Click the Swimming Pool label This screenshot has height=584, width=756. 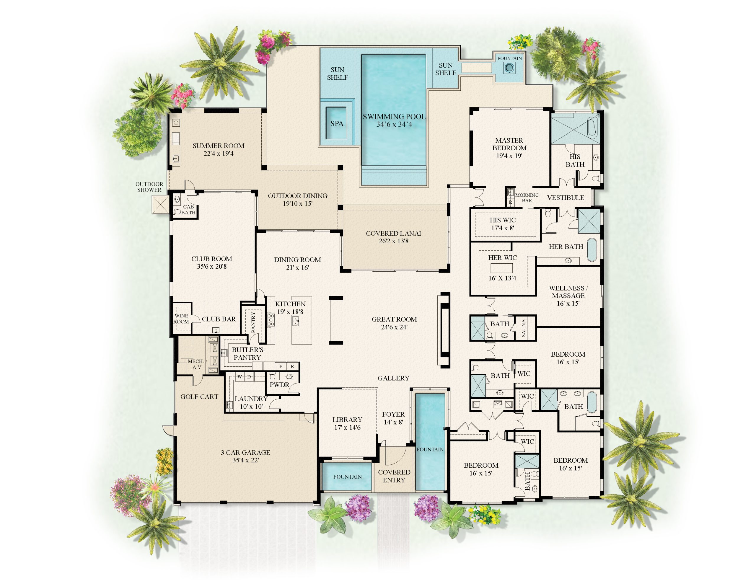(394, 117)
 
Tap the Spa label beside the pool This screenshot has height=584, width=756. (336, 124)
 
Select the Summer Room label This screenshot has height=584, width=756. (219, 146)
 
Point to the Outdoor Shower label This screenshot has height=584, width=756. (149, 187)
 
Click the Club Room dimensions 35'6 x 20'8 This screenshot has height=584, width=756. (211, 267)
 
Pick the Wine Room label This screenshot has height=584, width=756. (181, 319)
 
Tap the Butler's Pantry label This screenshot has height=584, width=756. (247, 353)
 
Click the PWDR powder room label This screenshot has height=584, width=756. (279, 385)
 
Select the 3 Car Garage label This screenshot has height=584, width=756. (245, 452)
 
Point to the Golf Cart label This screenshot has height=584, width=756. (199, 397)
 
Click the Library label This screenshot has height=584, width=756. (347, 420)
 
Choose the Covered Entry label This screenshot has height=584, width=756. (394, 476)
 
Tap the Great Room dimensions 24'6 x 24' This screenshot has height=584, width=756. (394, 327)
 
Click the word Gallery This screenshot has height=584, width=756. (394, 378)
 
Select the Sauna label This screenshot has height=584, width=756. (523, 328)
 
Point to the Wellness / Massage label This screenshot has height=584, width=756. (568, 292)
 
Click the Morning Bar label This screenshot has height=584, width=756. (527, 198)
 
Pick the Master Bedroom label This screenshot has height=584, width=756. (509, 144)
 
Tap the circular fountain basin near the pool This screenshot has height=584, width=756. (509, 68)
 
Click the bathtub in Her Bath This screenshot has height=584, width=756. (592, 249)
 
